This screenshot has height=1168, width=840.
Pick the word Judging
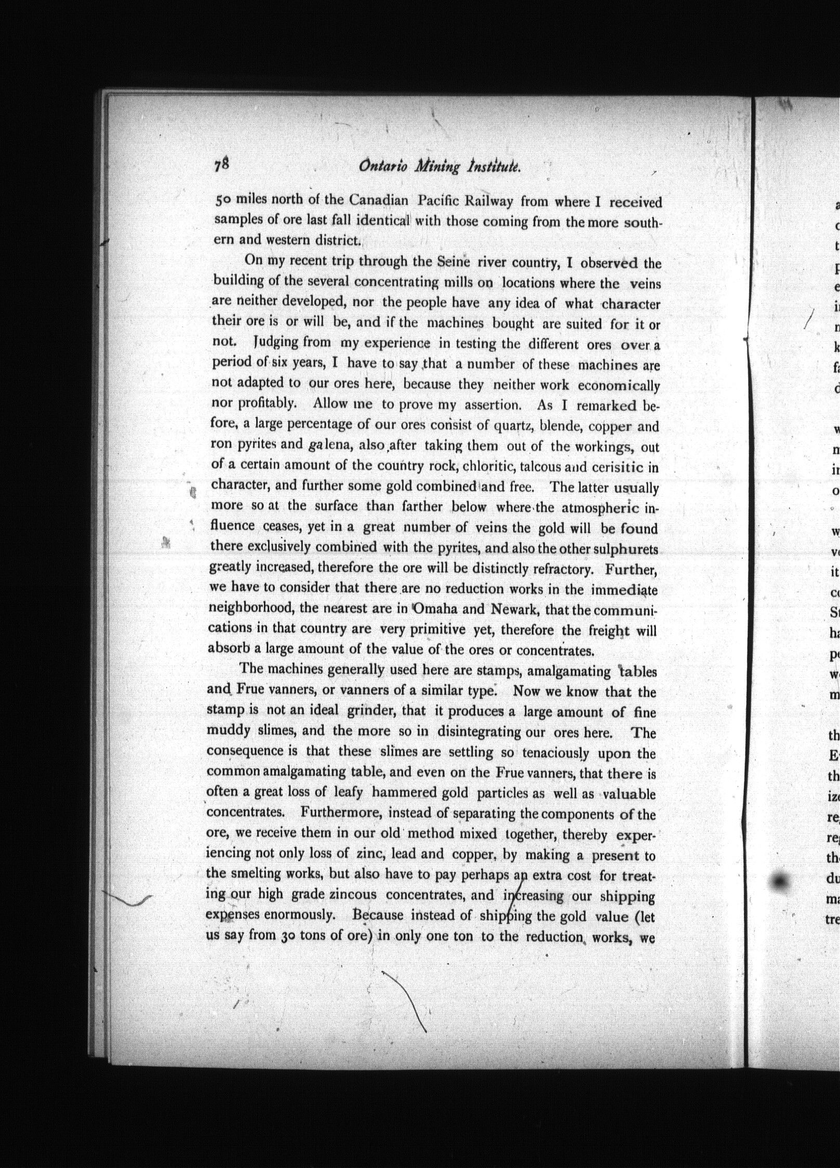pos(276,343)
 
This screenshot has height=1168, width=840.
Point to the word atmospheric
pos(599,507)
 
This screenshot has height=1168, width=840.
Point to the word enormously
pos(306,915)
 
